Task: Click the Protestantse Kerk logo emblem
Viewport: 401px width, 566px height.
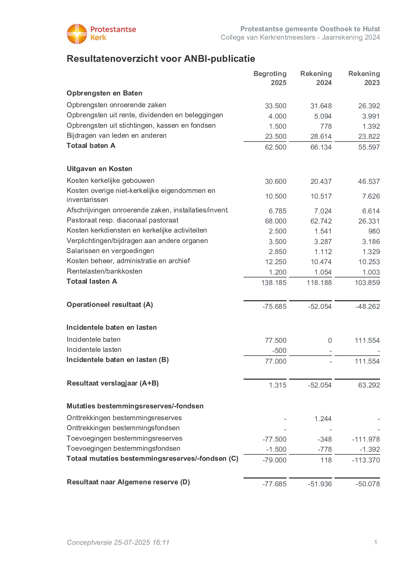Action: tap(77, 34)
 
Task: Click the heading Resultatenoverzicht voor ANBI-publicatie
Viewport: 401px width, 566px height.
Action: tap(161, 59)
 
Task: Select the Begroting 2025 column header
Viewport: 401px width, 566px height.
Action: tap(270, 78)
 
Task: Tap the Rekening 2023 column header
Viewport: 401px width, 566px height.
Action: tap(364, 78)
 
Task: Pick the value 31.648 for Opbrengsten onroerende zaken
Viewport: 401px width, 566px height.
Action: tap(321, 106)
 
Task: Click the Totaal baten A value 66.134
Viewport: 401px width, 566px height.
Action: tap(321, 147)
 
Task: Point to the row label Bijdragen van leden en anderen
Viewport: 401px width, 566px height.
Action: tap(116, 135)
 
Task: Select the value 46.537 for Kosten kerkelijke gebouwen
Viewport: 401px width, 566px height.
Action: tap(369, 181)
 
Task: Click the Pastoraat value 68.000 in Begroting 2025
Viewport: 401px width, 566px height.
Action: tap(276, 221)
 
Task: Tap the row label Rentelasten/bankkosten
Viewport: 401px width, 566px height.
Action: tap(104, 271)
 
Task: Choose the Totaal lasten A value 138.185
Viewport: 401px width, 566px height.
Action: tap(274, 283)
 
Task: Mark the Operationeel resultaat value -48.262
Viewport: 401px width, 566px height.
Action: tap(368, 307)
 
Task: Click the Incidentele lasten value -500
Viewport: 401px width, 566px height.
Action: tap(279, 351)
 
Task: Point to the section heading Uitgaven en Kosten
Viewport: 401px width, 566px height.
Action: tap(99, 169)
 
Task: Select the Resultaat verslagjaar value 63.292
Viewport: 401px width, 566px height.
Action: tap(369, 385)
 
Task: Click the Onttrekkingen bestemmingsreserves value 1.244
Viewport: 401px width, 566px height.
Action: tap(323, 419)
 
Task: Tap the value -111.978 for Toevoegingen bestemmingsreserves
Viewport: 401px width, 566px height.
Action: tap(366, 439)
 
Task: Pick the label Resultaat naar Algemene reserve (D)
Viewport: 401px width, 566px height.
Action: tap(128, 482)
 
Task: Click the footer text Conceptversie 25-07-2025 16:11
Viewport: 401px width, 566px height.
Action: tap(118, 542)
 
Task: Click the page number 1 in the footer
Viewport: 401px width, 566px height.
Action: tap(375, 542)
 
